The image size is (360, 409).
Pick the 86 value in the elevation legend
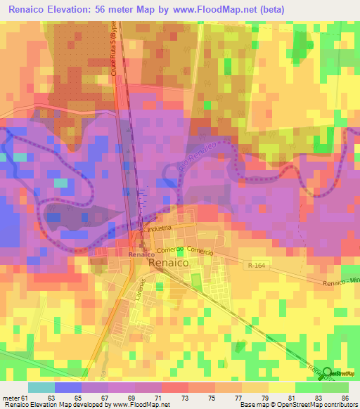pos(345,398)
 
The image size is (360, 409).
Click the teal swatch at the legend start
pos(41,387)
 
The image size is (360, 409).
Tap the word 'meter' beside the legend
pos(12,398)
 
